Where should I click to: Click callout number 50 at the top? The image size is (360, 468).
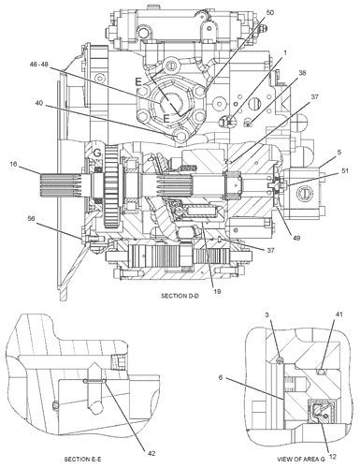pos(244,12)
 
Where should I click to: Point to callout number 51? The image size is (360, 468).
pos(343,170)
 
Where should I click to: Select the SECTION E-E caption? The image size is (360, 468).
pos(90,460)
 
